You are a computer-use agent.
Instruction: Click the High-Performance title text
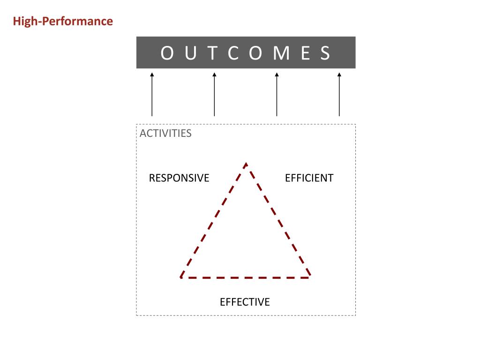click(x=63, y=22)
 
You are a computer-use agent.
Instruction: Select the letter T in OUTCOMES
click(x=213, y=53)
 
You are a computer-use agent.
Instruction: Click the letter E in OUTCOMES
click(x=306, y=53)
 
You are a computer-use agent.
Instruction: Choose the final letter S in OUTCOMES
click(x=326, y=53)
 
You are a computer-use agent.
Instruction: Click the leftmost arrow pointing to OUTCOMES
click(x=152, y=94)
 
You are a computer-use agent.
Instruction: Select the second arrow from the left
click(x=214, y=94)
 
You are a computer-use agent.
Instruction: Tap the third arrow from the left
click(x=277, y=94)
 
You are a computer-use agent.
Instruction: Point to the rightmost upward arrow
click(x=339, y=94)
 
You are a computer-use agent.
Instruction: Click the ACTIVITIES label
click(x=165, y=133)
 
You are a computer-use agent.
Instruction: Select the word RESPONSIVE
click(x=179, y=178)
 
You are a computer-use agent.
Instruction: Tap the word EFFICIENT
click(x=309, y=178)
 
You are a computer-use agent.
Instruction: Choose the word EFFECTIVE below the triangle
click(x=245, y=302)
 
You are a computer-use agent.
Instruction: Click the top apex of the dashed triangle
click(x=246, y=164)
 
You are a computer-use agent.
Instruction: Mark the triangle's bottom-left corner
click(x=181, y=277)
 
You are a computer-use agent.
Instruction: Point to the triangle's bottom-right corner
click(x=309, y=277)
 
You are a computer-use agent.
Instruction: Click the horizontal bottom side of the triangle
click(x=245, y=277)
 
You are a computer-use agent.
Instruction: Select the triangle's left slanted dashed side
click(x=213, y=220)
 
